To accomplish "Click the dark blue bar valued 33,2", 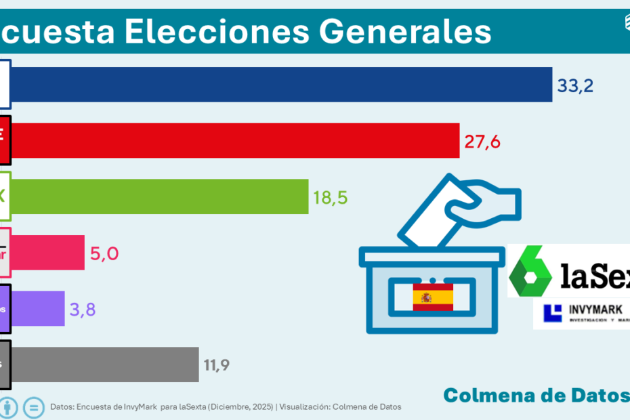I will click(281, 85).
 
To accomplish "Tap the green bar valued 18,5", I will click(160, 196).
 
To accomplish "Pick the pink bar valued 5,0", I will click(47, 253).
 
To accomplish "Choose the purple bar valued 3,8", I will click(38, 309).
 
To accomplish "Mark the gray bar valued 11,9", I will click(104, 365).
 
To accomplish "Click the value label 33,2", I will click(576, 85).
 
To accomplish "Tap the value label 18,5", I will click(331, 197).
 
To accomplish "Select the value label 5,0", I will click(104, 253).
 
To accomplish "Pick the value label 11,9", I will click(217, 366).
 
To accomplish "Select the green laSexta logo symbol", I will click(532, 271).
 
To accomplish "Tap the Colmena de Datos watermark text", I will click(535, 394).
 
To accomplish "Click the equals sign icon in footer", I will click(33, 407).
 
